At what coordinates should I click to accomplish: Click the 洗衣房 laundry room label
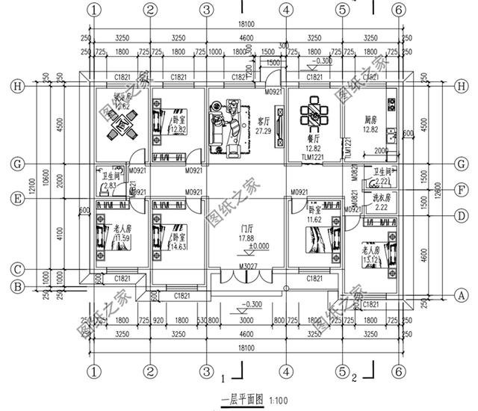click(x=373, y=197)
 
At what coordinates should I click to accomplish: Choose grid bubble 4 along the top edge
click(x=285, y=10)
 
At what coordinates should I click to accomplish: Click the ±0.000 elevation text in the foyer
click(x=240, y=247)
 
